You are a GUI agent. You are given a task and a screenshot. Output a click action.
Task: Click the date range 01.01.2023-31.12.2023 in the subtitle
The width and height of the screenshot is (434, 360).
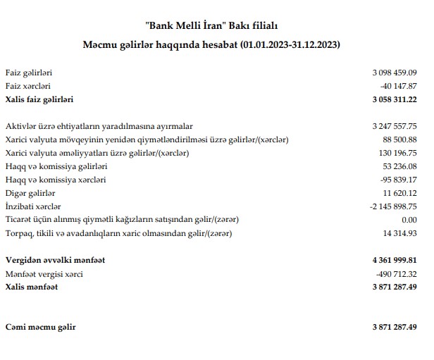point(290,45)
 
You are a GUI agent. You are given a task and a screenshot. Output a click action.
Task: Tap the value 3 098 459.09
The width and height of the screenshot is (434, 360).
point(395,73)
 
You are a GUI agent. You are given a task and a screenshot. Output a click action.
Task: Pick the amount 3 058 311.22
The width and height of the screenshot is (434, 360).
point(395,99)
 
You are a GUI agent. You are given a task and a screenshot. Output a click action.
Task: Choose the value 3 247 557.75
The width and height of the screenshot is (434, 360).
point(395,126)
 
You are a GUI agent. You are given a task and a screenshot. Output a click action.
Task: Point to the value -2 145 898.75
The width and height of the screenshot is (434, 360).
point(393,206)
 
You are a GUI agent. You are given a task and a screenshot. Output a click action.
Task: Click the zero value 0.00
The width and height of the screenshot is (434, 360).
point(408,220)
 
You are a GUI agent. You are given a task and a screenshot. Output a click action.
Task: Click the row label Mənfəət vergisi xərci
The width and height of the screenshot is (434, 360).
point(44,274)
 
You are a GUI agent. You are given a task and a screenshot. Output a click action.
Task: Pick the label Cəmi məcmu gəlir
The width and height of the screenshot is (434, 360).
point(40,328)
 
